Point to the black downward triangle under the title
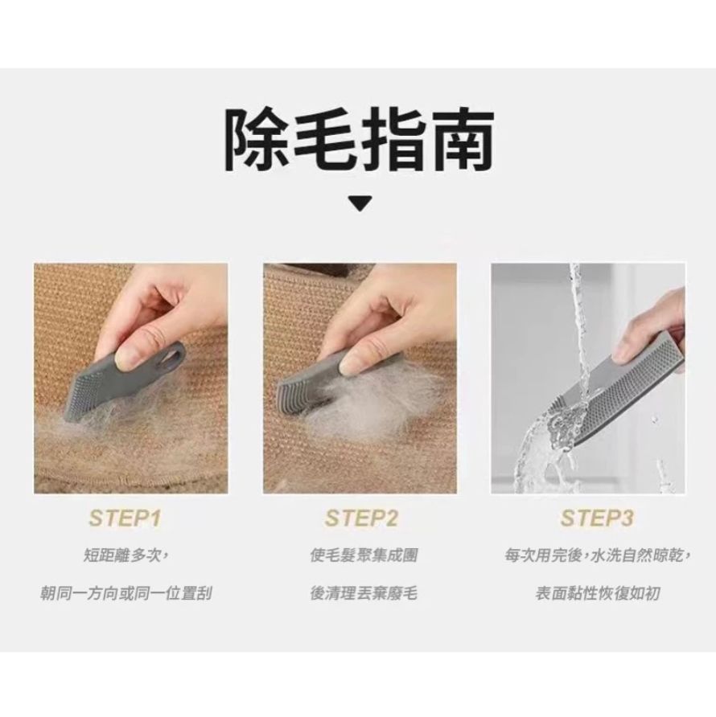pyautogui.click(x=362, y=203)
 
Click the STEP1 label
pyautogui.click(x=125, y=518)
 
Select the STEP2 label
pyautogui.click(x=362, y=518)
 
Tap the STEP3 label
pyautogui.click(x=598, y=518)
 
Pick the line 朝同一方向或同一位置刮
pyautogui.click(x=126, y=594)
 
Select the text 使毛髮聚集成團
pyautogui.click(x=364, y=556)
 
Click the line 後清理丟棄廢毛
pyautogui.click(x=364, y=594)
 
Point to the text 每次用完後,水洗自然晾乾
pyautogui.click(x=598, y=556)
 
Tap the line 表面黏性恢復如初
pyautogui.click(x=598, y=594)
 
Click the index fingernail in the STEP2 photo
pyautogui.click(x=350, y=363)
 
